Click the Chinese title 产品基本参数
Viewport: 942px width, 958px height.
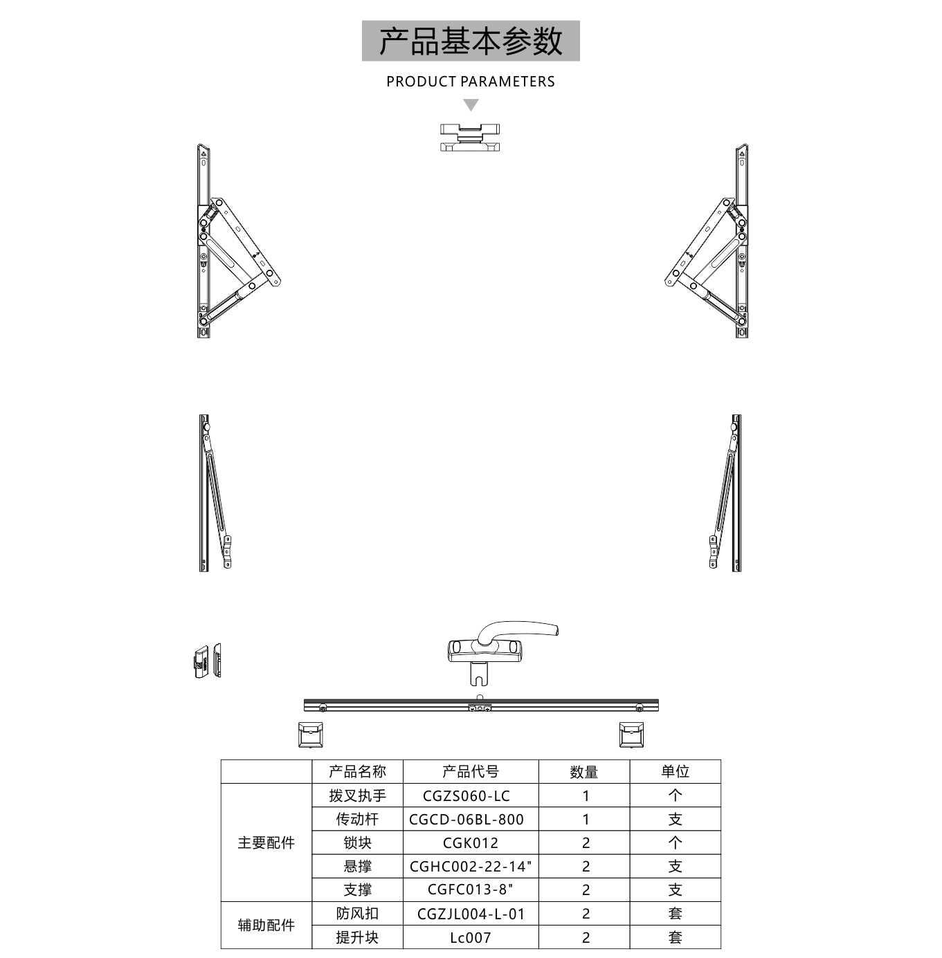tap(470, 41)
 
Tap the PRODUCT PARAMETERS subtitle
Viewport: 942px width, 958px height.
tap(470, 82)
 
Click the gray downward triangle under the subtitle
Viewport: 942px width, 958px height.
tap(471, 104)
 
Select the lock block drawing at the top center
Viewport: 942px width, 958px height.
tap(470, 138)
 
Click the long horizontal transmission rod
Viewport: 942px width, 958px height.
tap(481, 705)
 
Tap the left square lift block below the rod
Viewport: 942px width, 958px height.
tap(311, 735)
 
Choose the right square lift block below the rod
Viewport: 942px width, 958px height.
tap(631, 735)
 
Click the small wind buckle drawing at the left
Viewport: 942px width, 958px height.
tap(207, 661)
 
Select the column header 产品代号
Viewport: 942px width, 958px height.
tap(470, 771)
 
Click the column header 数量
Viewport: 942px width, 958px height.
tap(583, 771)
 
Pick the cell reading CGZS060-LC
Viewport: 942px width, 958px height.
tap(467, 796)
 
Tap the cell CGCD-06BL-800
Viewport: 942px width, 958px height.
tap(467, 819)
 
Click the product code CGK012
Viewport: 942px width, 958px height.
tap(470, 842)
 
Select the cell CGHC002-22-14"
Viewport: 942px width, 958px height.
tap(470, 867)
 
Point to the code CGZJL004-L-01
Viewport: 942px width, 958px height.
tap(471, 914)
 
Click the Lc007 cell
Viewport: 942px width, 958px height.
tap(470, 938)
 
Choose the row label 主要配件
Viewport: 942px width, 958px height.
tap(266, 842)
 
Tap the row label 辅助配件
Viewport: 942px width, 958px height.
tap(266, 925)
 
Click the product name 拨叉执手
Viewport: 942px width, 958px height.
tap(357, 795)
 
